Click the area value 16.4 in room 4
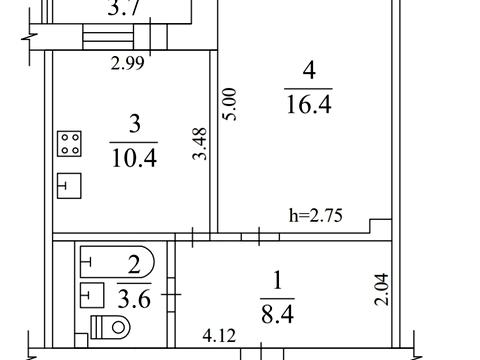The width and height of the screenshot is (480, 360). tap(309, 104)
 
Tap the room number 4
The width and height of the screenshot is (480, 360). tap(309, 70)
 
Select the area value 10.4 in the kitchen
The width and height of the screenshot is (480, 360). tap(134, 158)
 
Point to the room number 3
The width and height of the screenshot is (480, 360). tap(134, 124)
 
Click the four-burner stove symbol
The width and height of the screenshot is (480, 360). tap(69, 144)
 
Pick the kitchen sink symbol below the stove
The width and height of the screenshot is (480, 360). tap(69, 186)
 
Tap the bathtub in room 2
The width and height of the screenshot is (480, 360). tap(117, 262)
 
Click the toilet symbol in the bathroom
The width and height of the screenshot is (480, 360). tap(110, 327)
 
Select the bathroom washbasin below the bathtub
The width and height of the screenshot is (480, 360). tap(92, 295)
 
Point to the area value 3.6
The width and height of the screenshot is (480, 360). tap(134, 299)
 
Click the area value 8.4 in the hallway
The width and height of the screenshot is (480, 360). tap(277, 314)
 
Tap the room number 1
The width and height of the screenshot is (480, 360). tap(277, 280)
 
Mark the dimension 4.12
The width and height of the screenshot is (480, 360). tap(219, 335)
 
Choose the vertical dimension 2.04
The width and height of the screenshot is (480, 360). tap(382, 289)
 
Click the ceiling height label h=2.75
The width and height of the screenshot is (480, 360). tap(316, 216)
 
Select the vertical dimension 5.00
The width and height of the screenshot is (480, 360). tap(230, 104)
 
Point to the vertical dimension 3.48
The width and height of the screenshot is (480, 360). tap(200, 144)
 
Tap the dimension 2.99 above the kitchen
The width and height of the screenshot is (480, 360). tap(128, 63)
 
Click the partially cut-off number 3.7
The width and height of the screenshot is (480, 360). tap(124, 8)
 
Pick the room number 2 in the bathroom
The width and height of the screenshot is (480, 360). tap(134, 265)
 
